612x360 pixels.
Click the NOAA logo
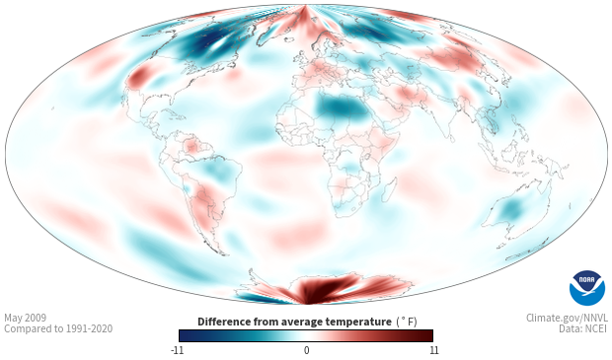click(587, 288)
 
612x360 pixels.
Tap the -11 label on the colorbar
click(177, 350)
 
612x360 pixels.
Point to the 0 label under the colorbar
click(306, 350)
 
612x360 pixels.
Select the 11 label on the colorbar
click(433, 350)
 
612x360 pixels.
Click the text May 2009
click(25, 318)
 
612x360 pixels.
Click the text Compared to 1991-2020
click(58, 328)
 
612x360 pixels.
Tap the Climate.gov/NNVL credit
click(567, 318)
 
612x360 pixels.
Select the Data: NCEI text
click(583, 328)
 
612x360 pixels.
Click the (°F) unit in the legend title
click(407, 322)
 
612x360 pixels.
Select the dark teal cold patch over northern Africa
click(342, 107)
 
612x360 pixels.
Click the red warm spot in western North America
click(138, 77)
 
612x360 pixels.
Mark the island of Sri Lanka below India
click(451, 138)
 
